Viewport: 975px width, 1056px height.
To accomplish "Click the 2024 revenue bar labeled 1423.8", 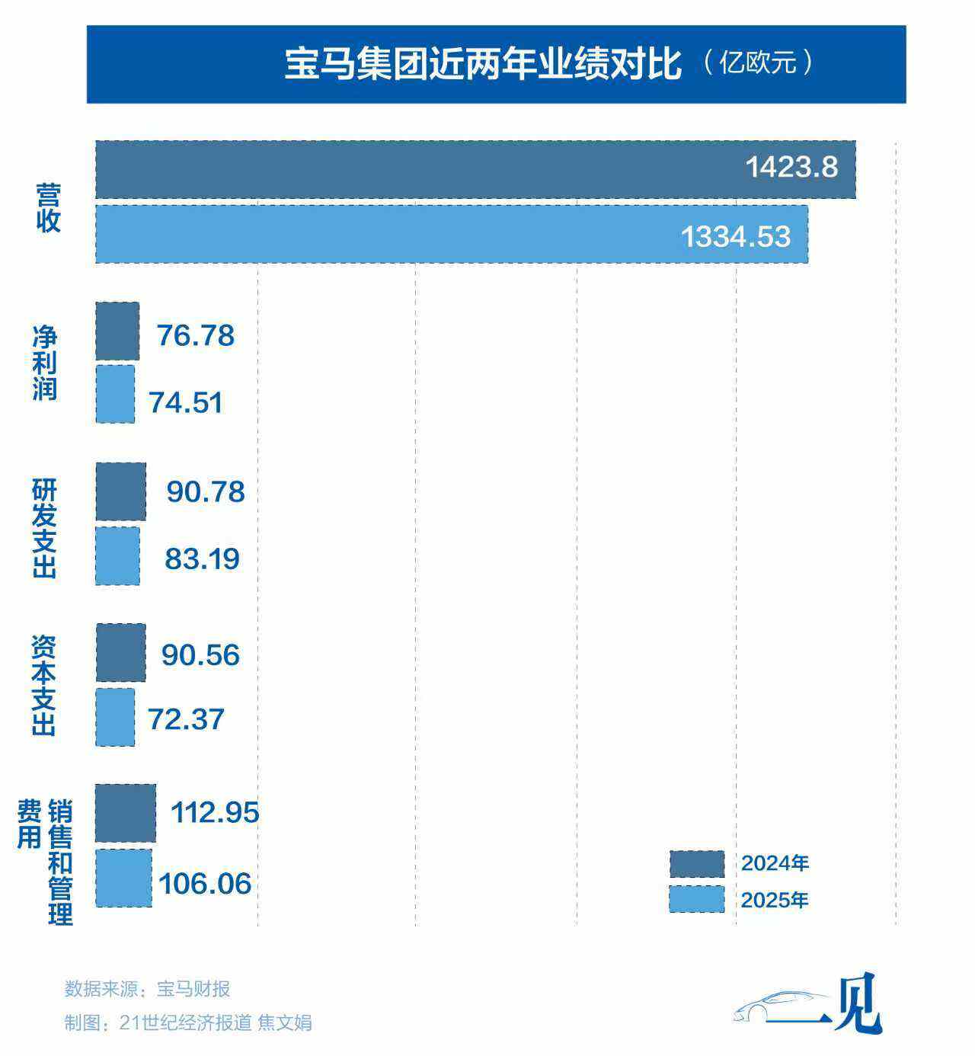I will (475, 169).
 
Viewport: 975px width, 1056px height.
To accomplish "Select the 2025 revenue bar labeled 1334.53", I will (451, 234).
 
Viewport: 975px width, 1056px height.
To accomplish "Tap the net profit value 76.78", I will (196, 336).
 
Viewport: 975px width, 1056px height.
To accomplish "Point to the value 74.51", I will (186, 402).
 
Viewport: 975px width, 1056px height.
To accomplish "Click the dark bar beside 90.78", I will (120, 491).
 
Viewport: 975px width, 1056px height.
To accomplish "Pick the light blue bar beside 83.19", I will (117, 556).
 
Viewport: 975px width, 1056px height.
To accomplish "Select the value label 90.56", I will (200, 655).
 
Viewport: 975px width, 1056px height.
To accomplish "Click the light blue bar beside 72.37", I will (115, 717).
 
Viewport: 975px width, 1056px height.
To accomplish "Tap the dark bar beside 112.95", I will (126, 812).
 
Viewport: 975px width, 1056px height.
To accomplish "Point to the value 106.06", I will (205, 884).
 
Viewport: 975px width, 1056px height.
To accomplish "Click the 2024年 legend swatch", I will (697, 864).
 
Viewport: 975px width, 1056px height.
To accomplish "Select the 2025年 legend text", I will (775, 901).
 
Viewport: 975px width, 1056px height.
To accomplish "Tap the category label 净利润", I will (45, 363).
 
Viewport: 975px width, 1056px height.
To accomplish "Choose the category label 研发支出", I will (45, 527).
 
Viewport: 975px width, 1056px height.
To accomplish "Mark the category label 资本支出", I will (44, 686).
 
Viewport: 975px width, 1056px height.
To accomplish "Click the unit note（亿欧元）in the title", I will (758, 62).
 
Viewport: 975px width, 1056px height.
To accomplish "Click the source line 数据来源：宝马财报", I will (147, 989).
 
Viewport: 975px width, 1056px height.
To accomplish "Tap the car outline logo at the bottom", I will (781, 1006).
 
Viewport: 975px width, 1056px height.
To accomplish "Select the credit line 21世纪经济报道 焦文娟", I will (216, 1022).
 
